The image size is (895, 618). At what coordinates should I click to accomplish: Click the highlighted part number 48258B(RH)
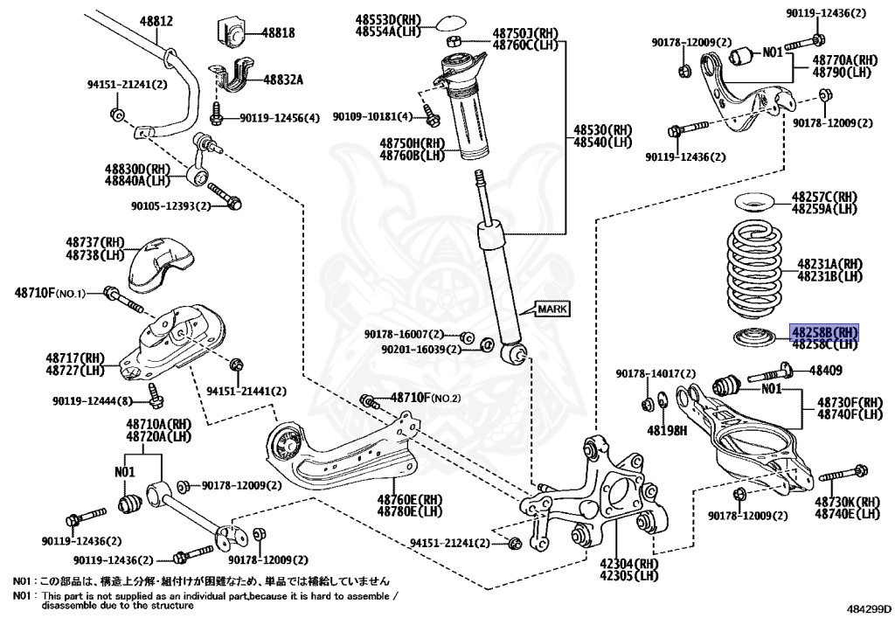pyautogui.click(x=824, y=332)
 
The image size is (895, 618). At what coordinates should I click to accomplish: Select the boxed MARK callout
pyautogui.click(x=552, y=309)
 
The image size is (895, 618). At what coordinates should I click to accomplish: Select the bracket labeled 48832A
pyautogui.click(x=229, y=77)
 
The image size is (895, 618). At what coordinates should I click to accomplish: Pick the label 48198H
pyautogui.click(x=667, y=430)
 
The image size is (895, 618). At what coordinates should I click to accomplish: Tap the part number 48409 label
pyautogui.click(x=826, y=371)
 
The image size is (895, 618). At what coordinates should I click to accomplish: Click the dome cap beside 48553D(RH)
pyautogui.click(x=451, y=19)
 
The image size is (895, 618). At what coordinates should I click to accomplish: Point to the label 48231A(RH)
pyautogui.click(x=829, y=263)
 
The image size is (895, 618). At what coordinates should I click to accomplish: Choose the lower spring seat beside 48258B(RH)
pyautogui.click(x=751, y=337)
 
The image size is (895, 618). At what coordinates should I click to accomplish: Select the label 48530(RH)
pyautogui.click(x=602, y=128)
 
